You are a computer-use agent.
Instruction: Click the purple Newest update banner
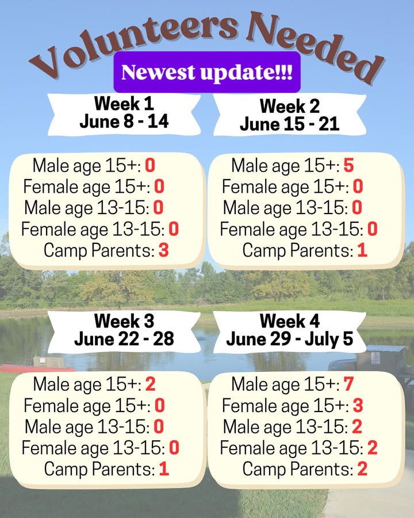[207, 72]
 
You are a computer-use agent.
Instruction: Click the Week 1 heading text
[124, 104]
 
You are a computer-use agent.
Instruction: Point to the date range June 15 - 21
[290, 124]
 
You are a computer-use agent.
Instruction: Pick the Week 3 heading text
[124, 321]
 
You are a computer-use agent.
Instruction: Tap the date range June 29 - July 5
[290, 339]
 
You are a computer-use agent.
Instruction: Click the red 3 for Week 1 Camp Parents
[164, 250]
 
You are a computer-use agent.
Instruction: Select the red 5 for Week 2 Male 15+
[348, 165]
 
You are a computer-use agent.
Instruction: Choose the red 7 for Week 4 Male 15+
[348, 384]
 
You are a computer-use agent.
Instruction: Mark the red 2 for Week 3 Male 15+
[150, 384]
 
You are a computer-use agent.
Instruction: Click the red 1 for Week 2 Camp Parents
[362, 250]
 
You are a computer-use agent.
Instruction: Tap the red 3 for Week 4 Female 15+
[358, 405]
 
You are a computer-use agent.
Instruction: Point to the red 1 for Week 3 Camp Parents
[164, 469]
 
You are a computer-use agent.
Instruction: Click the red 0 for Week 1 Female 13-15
[174, 228]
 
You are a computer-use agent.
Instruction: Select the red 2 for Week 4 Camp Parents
[362, 469]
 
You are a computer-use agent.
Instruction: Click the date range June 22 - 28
[124, 339]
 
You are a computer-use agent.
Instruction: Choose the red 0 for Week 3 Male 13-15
[159, 426]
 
